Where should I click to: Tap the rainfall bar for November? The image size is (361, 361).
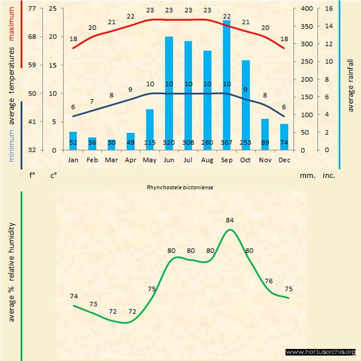coord(265,134)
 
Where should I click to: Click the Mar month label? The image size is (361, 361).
coord(112,160)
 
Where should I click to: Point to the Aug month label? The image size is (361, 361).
coord(207,160)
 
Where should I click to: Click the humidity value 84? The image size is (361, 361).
coord(230,220)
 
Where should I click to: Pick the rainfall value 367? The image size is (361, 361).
coord(226,143)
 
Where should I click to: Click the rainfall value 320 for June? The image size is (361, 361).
coord(169,143)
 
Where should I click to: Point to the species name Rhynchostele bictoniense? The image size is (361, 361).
coord(179,187)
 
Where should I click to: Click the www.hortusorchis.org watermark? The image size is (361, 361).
coord(321,352)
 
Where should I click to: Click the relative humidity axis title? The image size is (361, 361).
coord(11,272)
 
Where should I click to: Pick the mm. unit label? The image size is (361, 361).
coord(306,176)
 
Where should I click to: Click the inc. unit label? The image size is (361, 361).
coord(329,176)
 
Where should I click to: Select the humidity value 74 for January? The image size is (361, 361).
coord(74,296)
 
